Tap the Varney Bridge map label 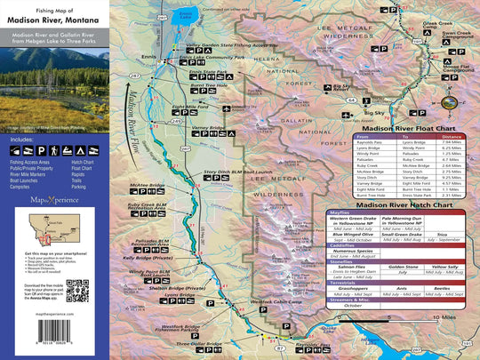(x=209, y=127)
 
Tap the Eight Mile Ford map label (x=189, y=107)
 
